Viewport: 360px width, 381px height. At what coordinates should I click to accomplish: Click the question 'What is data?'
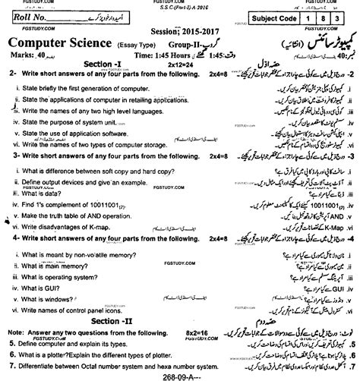click(46, 194)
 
